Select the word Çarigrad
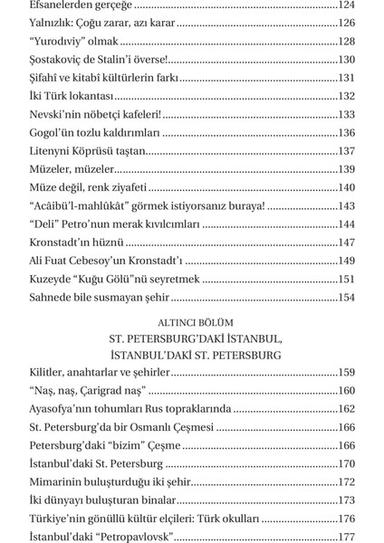[x=104, y=391]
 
